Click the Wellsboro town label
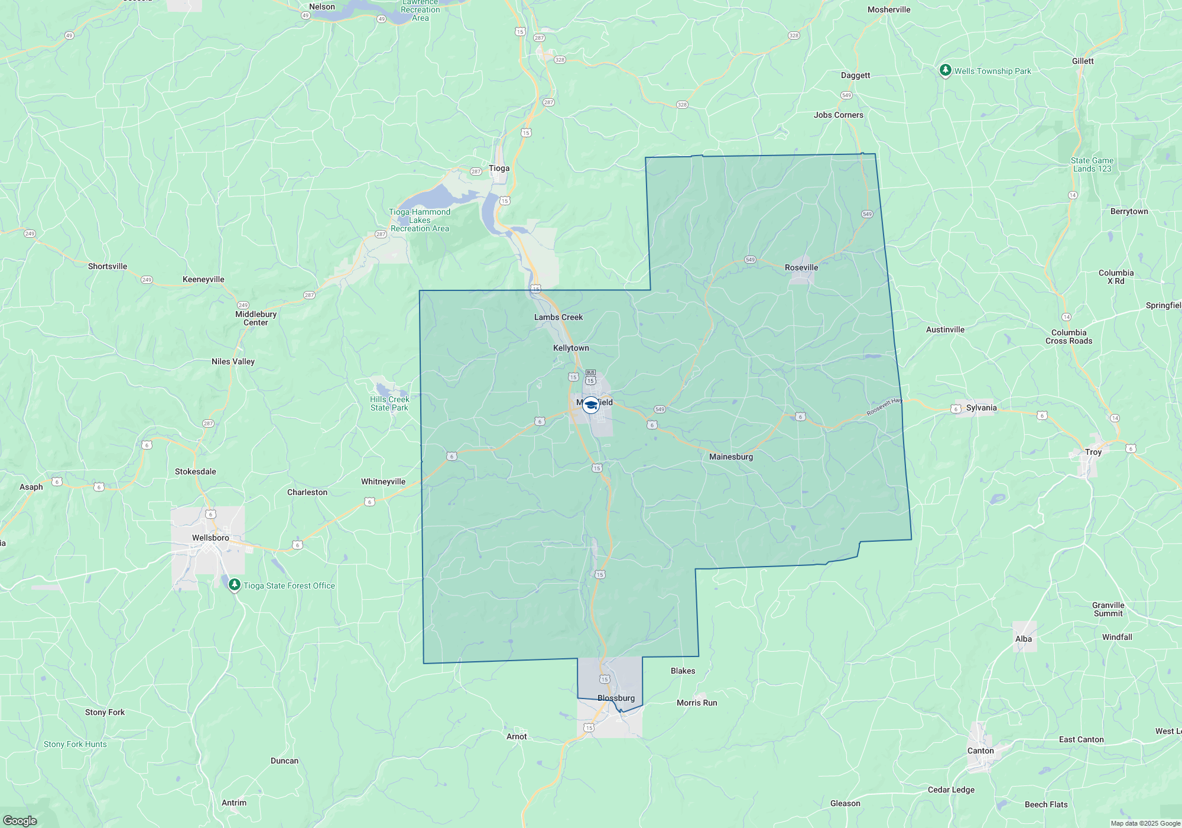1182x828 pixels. [x=210, y=538]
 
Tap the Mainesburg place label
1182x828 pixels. [x=731, y=457]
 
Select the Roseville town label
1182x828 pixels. [x=801, y=267]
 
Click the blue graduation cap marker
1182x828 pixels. [x=590, y=405]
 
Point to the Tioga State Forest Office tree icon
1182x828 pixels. [x=235, y=585]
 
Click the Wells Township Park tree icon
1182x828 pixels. [x=945, y=70]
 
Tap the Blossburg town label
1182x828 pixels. [x=616, y=698]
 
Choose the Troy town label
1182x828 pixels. [x=1093, y=452]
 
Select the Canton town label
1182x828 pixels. [x=980, y=751]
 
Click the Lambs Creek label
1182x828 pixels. [x=558, y=317]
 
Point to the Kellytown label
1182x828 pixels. [x=571, y=348]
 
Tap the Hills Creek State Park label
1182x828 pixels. [x=389, y=403]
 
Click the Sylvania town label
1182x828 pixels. [x=981, y=407]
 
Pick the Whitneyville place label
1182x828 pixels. [x=383, y=481]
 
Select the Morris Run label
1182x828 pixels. [x=697, y=703]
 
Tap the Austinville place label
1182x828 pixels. [x=945, y=329]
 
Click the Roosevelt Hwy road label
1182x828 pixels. [x=884, y=407]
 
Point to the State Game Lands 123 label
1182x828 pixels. [x=1092, y=164]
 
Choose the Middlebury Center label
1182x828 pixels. [x=256, y=318]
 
